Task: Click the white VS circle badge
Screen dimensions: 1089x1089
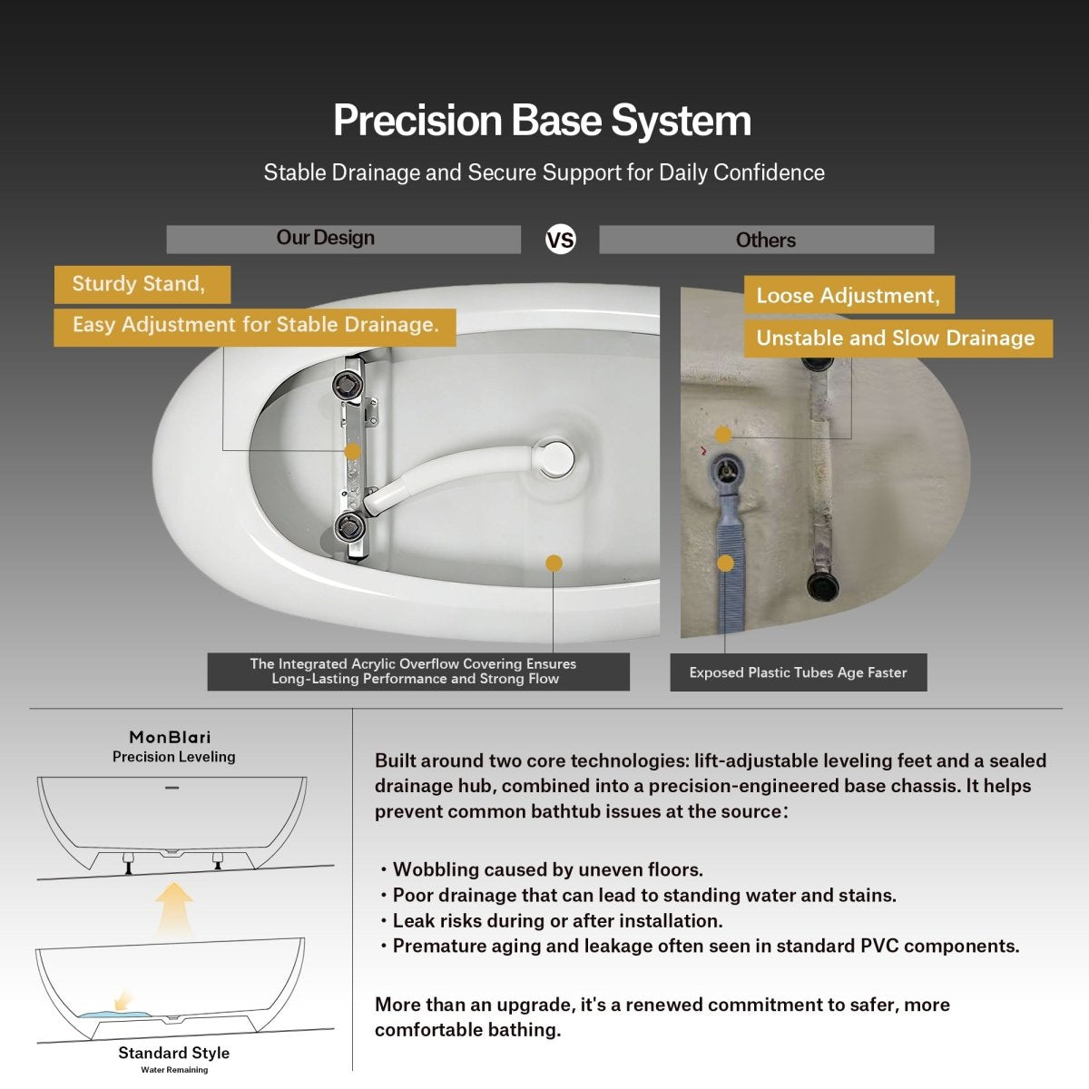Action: (560, 240)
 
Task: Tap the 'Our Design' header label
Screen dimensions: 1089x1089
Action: (326, 238)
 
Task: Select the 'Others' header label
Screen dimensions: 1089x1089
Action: (766, 240)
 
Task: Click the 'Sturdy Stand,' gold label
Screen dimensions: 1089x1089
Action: (142, 284)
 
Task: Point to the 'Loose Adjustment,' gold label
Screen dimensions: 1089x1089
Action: (849, 295)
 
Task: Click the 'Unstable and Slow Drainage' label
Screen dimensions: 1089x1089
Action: (898, 338)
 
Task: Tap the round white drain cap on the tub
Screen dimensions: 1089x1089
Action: (554, 457)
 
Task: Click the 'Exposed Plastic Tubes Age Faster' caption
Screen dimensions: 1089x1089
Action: (798, 672)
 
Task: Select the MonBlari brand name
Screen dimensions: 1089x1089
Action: (170, 737)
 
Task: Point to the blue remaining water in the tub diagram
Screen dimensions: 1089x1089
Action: (116, 1015)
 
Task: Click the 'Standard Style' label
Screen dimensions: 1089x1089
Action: (174, 1053)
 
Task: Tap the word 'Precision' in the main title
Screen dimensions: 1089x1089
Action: (417, 121)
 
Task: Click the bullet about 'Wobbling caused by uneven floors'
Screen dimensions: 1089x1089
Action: (542, 869)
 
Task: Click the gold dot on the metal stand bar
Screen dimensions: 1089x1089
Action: (353, 451)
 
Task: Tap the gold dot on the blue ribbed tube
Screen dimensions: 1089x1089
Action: (725, 563)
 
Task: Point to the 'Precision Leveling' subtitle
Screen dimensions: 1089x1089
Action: (174, 757)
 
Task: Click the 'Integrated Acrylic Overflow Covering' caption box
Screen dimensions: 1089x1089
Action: (418, 672)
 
